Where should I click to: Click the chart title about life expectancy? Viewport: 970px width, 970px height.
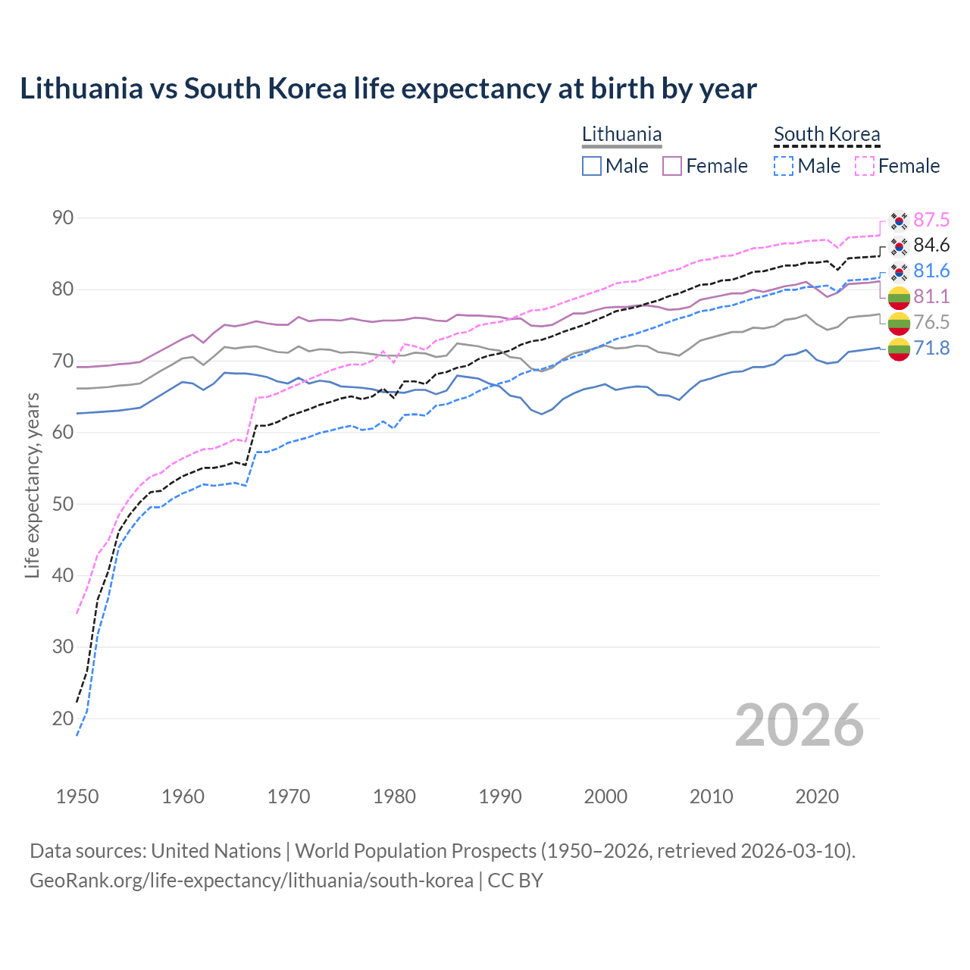(x=388, y=89)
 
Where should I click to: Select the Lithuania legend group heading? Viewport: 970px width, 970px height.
(x=621, y=134)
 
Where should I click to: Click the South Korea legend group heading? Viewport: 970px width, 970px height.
(x=827, y=134)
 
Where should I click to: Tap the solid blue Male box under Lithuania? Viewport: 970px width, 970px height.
(x=592, y=166)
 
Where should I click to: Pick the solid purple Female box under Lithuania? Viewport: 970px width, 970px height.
(x=672, y=166)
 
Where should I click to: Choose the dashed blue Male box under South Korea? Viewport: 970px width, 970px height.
(x=784, y=166)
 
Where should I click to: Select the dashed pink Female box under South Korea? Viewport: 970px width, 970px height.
(x=865, y=166)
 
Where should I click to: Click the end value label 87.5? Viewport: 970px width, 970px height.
(x=931, y=220)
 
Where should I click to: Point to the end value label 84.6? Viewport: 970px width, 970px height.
(x=931, y=246)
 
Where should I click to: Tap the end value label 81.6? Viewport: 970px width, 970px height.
(x=931, y=271)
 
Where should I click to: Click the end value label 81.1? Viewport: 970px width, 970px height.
(x=931, y=296)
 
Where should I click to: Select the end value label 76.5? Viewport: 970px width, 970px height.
(x=931, y=322)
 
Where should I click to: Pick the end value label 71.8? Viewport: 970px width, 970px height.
(x=931, y=349)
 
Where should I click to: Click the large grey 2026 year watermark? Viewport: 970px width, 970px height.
(x=799, y=725)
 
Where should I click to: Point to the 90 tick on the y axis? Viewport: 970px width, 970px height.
(x=63, y=218)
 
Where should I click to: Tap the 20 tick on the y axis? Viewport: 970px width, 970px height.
(x=63, y=718)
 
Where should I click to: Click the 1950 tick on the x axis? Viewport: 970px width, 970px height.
(x=77, y=796)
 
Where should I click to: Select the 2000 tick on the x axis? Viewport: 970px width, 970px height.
(x=605, y=796)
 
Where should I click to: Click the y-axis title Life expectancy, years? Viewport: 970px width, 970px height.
(x=32, y=485)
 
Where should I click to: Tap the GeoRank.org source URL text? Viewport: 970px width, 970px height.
(x=252, y=881)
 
